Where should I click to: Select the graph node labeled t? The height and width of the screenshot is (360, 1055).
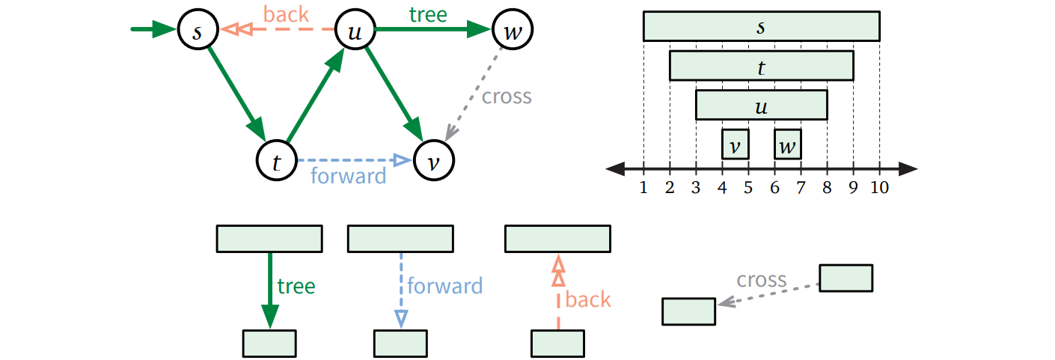coord(277,161)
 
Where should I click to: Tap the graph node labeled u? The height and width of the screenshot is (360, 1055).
coord(355,31)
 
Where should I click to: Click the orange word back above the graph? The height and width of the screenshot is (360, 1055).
coord(286,13)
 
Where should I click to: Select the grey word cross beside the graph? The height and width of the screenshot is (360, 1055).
coord(507,97)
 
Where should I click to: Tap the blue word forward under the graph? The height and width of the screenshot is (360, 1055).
coord(348,176)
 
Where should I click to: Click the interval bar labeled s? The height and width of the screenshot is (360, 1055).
coord(761,26)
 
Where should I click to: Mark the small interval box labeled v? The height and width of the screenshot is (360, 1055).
coord(735,144)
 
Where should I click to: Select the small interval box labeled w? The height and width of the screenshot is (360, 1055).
coord(787,144)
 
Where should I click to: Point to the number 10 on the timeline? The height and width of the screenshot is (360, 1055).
coord(880,187)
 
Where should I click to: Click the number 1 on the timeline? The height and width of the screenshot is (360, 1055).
coord(643,187)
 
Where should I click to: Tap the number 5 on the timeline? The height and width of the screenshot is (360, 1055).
coord(748,187)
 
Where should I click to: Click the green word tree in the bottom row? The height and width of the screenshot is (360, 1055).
coord(296,286)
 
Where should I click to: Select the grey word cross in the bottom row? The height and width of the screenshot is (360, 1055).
coord(761,280)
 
